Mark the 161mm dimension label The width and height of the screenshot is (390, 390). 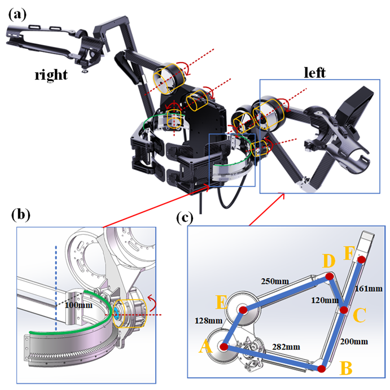(369, 288)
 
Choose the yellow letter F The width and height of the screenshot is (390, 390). (349, 251)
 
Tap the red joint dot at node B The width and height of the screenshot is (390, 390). (321, 369)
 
